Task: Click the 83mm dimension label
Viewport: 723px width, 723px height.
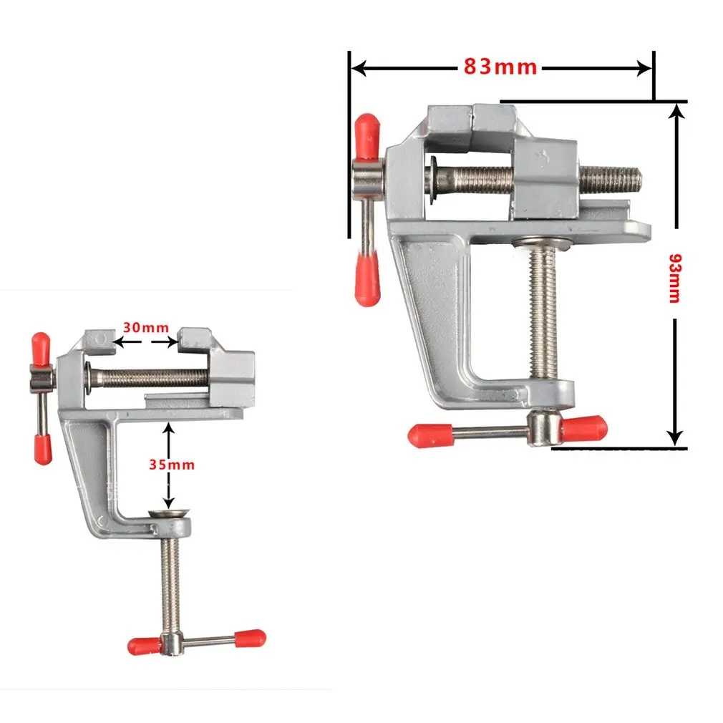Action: tap(500, 67)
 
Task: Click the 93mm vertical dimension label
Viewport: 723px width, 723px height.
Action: tap(673, 278)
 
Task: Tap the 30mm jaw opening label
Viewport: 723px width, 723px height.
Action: tap(145, 328)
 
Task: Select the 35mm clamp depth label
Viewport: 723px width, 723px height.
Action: tap(172, 465)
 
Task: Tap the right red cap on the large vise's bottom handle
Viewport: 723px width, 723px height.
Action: tap(585, 427)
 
